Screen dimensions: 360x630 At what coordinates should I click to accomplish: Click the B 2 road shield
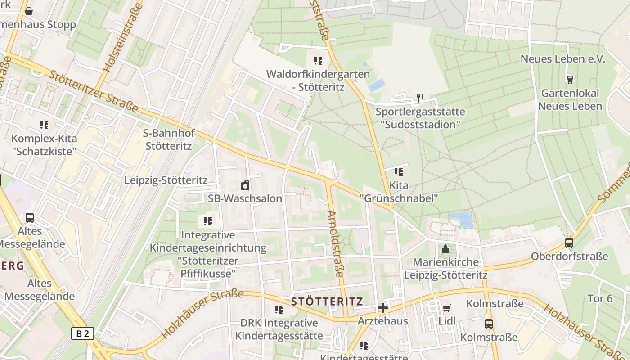[82, 333]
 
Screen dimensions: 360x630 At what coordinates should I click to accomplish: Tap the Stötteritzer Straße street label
[93, 92]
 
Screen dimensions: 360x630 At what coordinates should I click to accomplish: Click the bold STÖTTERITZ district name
[327, 301]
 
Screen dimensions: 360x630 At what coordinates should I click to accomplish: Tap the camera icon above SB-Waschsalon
[245, 185]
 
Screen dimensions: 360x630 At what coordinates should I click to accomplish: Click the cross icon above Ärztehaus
[383, 308]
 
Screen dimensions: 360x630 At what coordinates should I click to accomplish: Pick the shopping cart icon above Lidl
[446, 308]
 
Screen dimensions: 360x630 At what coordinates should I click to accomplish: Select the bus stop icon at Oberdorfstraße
[569, 243]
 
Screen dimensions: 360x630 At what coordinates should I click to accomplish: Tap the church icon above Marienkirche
[445, 249]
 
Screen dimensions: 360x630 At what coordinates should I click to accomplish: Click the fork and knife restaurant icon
[420, 98]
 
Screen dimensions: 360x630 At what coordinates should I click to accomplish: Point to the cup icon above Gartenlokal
[570, 80]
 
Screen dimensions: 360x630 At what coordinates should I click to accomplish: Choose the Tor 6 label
[600, 298]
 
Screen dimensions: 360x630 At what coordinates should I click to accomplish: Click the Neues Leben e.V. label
[563, 59]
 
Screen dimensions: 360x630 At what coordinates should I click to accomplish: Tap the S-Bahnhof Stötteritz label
[168, 139]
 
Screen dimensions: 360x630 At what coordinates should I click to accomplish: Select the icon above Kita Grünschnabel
[398, 172]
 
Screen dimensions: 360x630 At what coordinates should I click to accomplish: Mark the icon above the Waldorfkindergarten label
[318, 61]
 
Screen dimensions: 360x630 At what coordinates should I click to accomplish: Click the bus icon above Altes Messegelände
[30, 218]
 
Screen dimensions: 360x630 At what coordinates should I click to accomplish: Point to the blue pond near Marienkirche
[462, 220]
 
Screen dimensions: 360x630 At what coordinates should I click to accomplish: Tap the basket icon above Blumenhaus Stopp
[29, 11]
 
